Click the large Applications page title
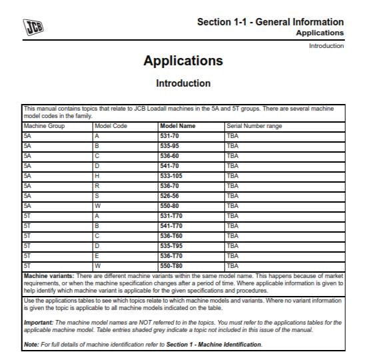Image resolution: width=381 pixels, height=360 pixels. (x=183, y=61)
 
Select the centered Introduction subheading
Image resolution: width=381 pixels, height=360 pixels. (x=183, y=83)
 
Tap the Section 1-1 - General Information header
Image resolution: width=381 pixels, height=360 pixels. (x=270, y=22)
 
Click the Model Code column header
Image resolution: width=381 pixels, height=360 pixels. (x=110, y=125)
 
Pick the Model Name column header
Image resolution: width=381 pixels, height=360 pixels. (x=177, y=125)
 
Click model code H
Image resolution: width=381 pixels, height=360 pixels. (x=97, y=175)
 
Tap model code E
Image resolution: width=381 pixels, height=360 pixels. (x=97, y=255)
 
